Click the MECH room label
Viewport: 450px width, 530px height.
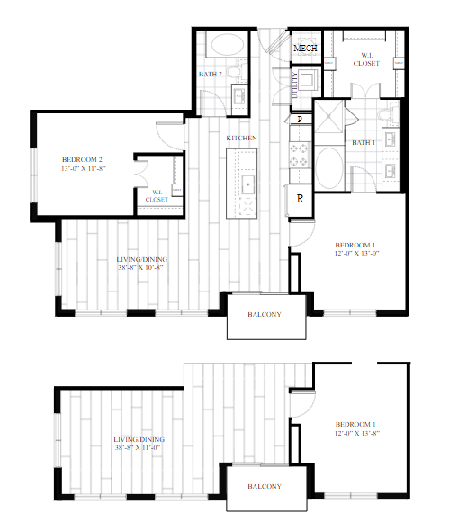click(x=305, y=47)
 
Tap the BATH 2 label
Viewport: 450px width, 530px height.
click(x=211, y=74)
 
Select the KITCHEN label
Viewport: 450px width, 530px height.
click(x=242, y=138)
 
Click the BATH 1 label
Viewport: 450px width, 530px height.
click(x=364, y=142)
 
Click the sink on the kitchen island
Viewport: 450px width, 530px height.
click(x=247, y=184)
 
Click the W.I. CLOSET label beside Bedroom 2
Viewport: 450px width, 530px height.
click(x=157, y=194)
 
